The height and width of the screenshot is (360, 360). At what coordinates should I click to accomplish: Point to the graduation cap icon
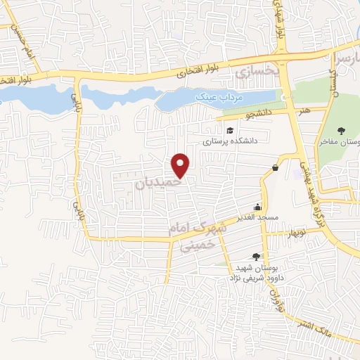[x=229, y=130]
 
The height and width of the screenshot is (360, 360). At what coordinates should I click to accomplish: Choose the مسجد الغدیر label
[x=258, y=217]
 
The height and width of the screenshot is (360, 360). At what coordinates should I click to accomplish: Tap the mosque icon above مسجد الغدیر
[x=258, y=207]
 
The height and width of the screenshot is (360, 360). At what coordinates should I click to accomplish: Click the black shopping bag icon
[x=274, y=167]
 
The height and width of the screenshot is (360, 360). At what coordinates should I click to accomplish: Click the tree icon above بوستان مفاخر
[x=341, y=130]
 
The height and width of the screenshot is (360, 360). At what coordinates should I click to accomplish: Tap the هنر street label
[x=303, y=111]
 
